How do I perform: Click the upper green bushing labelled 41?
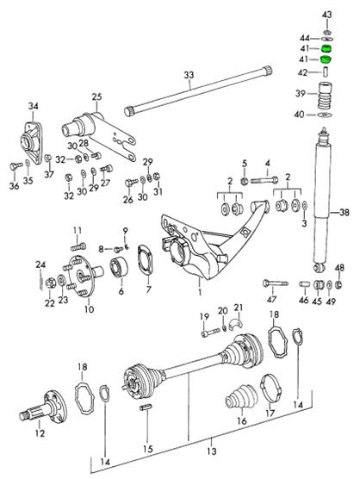pyautogui.click(x=326, y=48)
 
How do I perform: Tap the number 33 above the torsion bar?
pyautogui.click(x=189, y=75)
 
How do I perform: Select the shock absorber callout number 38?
pyautogui.click(x=344, y=212)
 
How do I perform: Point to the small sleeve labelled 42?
pyautogui.click(x=326, y=72)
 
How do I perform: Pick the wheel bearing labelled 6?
pyautogui.click(x=119, y=267)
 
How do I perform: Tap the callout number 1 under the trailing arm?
pyautogui.click(x=200, y=292)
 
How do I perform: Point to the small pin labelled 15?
pyautogui.click(x=146, y=407)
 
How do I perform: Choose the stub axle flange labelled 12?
pyautogui.click(x=44, y=407)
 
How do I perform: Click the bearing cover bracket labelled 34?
pyautogui.click(x=33, y=142)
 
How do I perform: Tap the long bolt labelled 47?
pyautogui.click(x=276, y=283)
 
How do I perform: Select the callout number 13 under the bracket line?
pyautogui.click(x=212, y=451)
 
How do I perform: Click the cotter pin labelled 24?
pyautogui.click(x=40, y=280)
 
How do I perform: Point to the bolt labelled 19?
pyautogui.click(x=211, y=332)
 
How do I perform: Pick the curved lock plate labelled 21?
pyautogui.click(x=235, y=324)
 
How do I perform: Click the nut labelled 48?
pyautogui.click(x=338, y=284)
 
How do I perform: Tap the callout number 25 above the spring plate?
pyautogui.click(x=96, y=97)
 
